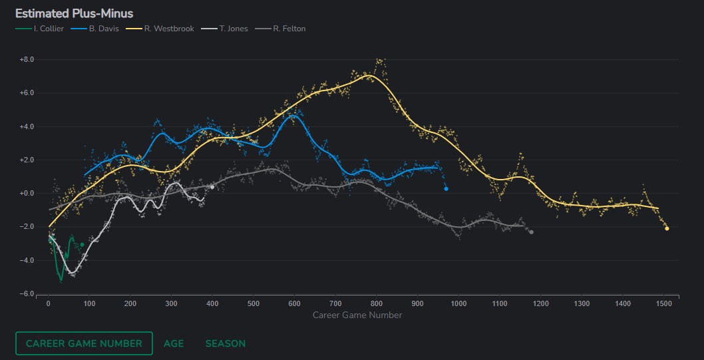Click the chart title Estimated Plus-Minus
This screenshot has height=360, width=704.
74,13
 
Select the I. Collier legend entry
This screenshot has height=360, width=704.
39,29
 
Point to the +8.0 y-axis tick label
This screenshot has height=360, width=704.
27,59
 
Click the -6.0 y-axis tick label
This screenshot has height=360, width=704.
27,294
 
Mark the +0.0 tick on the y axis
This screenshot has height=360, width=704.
27,194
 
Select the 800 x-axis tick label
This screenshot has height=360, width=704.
377,303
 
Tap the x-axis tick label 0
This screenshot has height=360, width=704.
48,303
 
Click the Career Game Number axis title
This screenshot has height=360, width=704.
357,315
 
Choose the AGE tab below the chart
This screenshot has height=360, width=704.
174,343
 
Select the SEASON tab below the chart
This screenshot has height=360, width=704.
226,343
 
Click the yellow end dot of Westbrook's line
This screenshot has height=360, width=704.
667,229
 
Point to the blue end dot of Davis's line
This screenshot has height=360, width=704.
446,189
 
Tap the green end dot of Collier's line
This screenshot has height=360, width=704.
82,245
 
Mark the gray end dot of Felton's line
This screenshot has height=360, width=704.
531,232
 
